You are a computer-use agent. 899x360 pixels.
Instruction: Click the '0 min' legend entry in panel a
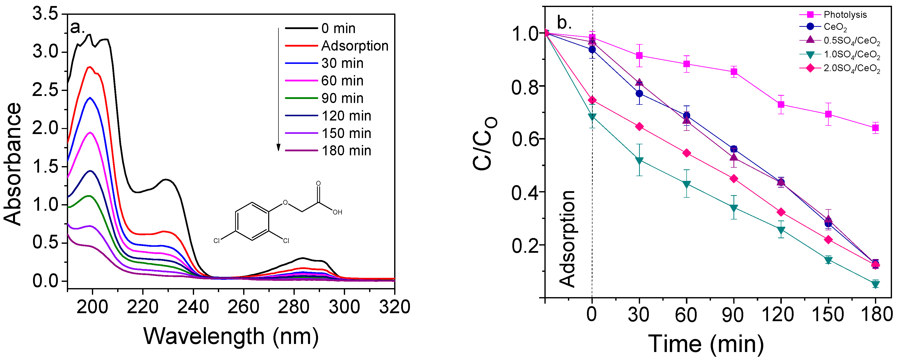pos(338,28)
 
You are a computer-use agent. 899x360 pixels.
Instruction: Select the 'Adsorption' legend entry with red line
pos(354,46)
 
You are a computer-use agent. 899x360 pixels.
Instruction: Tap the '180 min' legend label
pos(346,151)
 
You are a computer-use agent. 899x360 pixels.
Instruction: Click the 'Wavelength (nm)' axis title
pos(231,336)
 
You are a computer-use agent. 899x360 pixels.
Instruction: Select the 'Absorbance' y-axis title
pos(13,164)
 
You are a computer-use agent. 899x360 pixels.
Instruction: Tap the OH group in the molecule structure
pos(337,212)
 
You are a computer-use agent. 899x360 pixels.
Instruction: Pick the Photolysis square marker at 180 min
pos(875,128)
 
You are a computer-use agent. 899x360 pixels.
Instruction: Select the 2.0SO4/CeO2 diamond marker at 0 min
pos(592,100)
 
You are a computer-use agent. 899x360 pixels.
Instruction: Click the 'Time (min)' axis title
pos(706,344)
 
